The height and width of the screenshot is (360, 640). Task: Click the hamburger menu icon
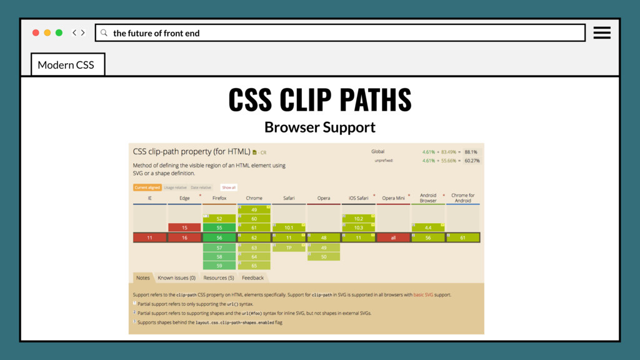tap(602, 32)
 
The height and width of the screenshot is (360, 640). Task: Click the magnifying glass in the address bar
tap(104, 33)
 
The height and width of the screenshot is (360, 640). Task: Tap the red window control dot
tap(36, 32)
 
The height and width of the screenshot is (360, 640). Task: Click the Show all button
tap(229, 187)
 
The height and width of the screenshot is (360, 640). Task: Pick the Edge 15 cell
tap(184, 227)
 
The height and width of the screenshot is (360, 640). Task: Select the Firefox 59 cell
tap(219, 266)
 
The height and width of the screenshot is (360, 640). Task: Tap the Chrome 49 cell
tap(254, 209)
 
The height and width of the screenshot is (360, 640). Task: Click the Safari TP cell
tap(289, 247)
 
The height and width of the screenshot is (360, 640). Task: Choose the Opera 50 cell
tap(324, 257)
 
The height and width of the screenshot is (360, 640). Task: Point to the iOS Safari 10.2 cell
tap(359, 219)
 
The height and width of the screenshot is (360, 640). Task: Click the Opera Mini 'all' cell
tap(393, 237)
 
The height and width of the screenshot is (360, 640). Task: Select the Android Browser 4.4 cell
tap(428, 227)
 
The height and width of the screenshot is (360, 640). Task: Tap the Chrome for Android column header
tap(462, 197)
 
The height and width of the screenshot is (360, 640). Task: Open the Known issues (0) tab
tap(176, 277)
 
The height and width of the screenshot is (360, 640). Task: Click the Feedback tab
tap(252, 277)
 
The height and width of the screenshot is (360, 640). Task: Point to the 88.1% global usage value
tap(471, 152)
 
